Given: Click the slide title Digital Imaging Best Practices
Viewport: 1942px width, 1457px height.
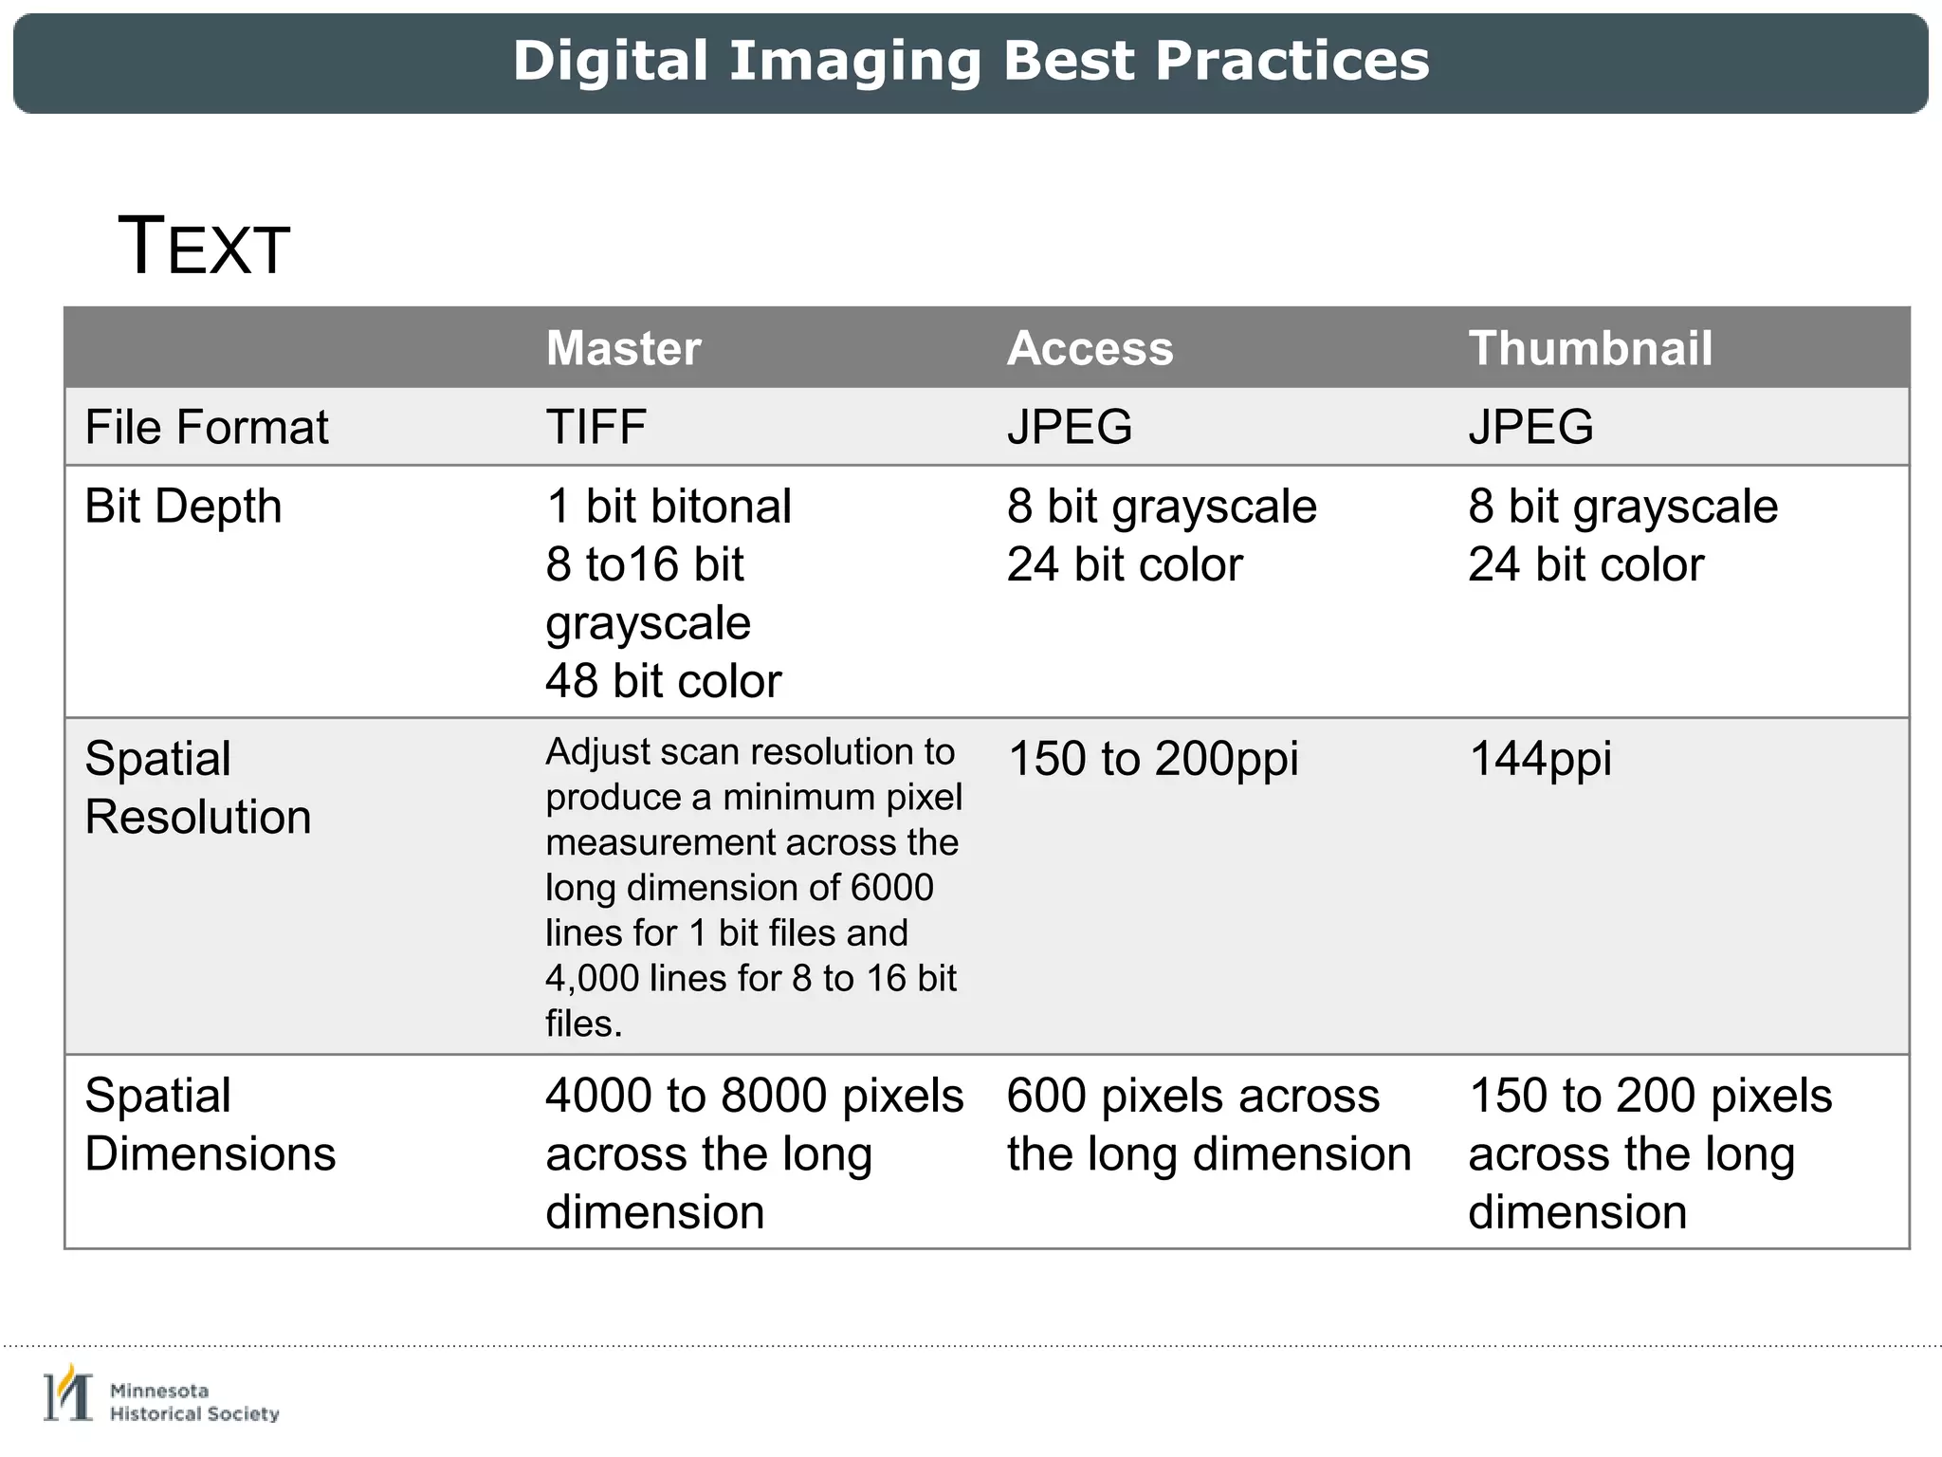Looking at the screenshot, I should coord(971,62).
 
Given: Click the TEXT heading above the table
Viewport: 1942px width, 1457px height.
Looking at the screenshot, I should coord(203,247).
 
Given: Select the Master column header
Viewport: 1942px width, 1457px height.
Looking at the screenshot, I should coord(623,348).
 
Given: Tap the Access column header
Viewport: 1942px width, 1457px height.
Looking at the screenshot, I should coord(1090,348).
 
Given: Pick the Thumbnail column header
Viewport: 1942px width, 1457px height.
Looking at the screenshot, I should coord(1590,348).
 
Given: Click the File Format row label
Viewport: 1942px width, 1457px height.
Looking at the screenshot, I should coord(206,427).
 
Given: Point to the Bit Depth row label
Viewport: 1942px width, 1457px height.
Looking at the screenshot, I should coord(183,506).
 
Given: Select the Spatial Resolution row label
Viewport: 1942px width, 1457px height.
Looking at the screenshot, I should coord(197,787).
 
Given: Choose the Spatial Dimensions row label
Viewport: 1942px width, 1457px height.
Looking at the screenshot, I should coord(210,1124).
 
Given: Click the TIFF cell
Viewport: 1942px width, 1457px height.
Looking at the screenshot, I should coord(595,427).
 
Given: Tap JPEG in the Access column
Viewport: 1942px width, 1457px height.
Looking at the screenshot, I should coord(1070,427).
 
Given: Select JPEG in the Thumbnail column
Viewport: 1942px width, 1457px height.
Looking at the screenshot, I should coord(1530,427).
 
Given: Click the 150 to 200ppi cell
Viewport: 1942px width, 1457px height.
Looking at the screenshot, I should coord(1152,759).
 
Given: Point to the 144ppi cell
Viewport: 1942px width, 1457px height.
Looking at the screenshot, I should coord(1539,759).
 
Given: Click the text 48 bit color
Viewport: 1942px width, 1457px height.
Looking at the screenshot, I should coord(663,681).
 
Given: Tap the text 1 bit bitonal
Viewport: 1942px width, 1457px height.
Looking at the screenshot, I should coord(669,507).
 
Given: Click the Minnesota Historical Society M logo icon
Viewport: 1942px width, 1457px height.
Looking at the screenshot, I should coord(68,1395).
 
